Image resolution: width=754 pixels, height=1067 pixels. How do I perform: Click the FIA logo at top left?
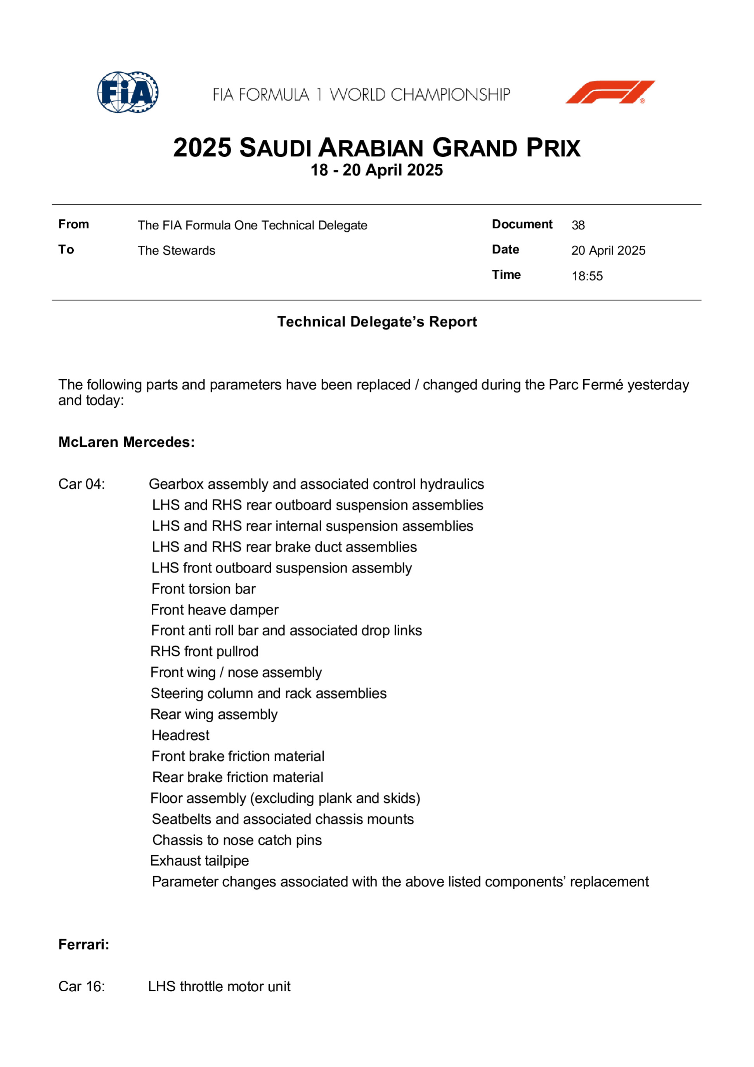click(128, 92)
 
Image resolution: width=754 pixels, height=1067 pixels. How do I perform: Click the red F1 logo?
click(610, 92)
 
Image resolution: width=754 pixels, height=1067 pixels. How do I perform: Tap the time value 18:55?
click(587, 276)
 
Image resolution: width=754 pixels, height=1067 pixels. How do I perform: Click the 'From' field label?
click(73, 224)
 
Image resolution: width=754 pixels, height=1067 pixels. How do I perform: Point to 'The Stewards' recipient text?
click(176, 250)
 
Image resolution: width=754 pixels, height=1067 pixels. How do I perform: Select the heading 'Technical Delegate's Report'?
click(377, 322)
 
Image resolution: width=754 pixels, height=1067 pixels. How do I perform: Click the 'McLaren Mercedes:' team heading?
click(127, 442)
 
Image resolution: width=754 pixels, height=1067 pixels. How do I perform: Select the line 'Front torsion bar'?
click(203, 589)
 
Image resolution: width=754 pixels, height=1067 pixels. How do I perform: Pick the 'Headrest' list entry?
click(180, 735)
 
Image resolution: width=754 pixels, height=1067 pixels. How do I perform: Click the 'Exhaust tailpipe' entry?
click(199, 861)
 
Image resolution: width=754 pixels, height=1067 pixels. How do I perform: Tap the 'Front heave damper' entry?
click(215, 610)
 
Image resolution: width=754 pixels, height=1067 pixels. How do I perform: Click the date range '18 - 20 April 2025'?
click(376, 170)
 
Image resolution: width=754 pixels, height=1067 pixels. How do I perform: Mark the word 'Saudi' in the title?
click(276, 148)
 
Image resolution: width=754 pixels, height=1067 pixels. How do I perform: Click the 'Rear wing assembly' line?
click(214, 714)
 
